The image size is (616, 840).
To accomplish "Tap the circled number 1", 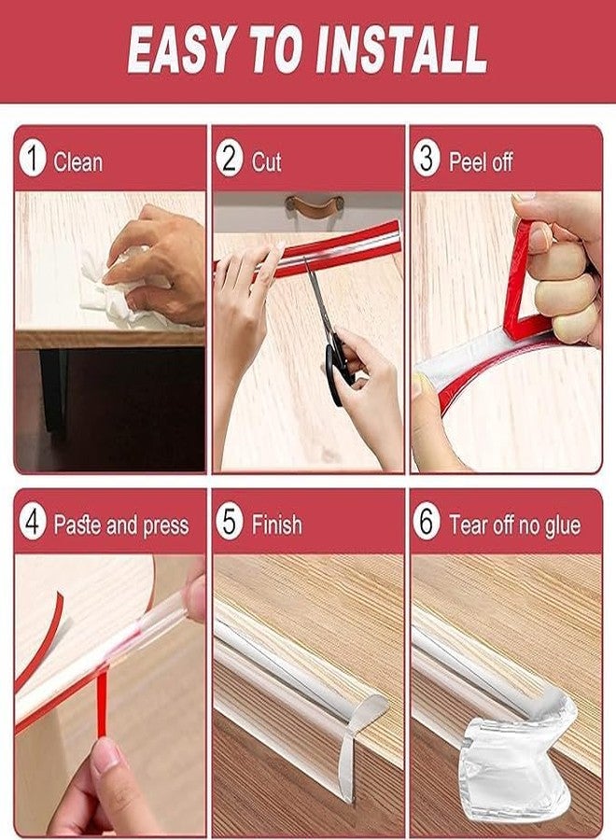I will [x=33, y=159].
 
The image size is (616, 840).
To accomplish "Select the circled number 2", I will [x=230, y=159].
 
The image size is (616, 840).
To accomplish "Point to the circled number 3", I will [x=427, y=159].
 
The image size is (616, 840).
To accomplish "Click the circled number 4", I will [x=33, y=523].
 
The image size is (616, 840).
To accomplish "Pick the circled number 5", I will [x=230, y=523].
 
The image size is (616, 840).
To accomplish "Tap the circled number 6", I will [x=427, y=523].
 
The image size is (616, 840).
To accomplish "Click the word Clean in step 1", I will [x=78, y=161].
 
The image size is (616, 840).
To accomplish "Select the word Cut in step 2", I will [x=266, y=161].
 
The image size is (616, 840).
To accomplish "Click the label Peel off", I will [x=481, y=161].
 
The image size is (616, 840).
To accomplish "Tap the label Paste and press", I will [x=120, y=525].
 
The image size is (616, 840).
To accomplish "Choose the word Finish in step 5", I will [x=276, y=525].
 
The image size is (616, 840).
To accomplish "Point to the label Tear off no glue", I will [x=514, y=525].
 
